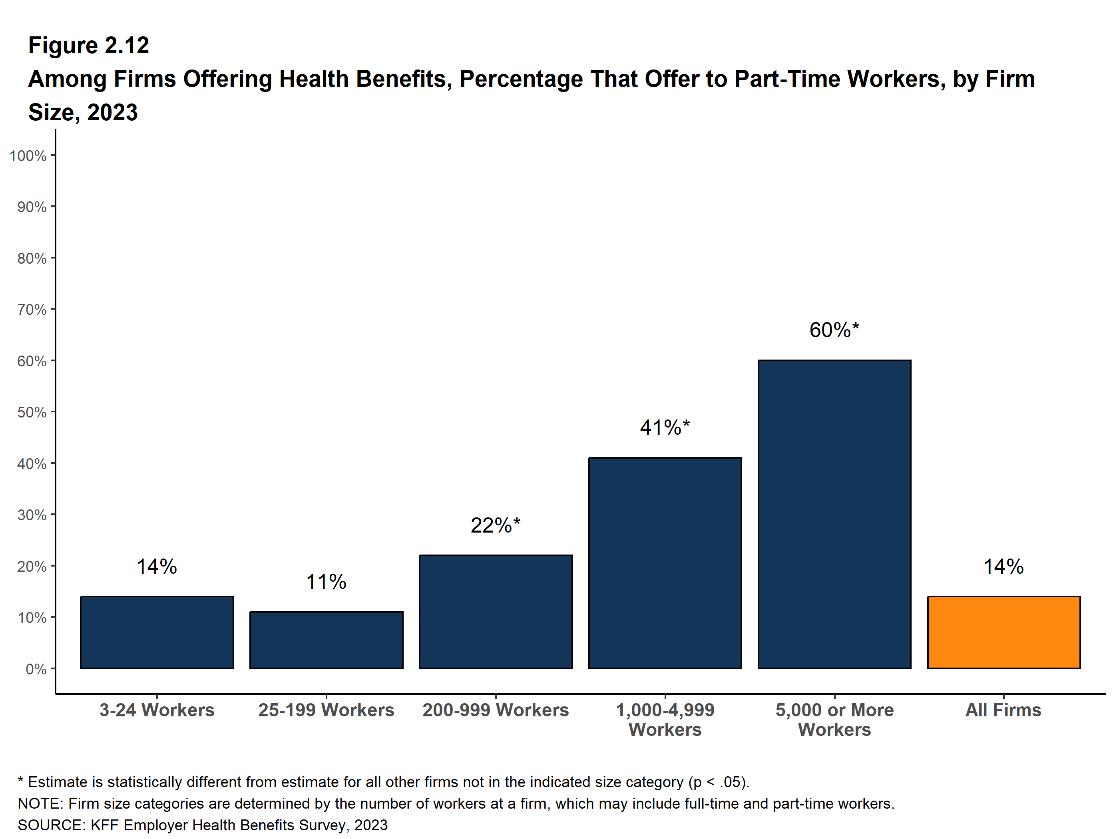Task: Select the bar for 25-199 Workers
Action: click(x=326, y=640)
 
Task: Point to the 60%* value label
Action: click(x=834, y=330)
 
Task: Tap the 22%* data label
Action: click(x=496, y=525)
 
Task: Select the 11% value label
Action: click(x=326, y=582)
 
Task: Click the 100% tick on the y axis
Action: click(x=28, y=156)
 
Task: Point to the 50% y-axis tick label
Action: click(x=32, y=412)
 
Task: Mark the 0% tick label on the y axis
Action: click(x=36, y=669)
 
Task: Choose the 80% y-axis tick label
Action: click(x=32, y=258)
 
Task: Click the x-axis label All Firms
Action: click(x=1003, y=710)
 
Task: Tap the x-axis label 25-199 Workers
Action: click(x=326, y=710)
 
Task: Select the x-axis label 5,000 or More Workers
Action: click(x=834, y=720)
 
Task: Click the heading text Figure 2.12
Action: click(x=89, y=46)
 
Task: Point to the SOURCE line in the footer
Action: click(x=203, y=825)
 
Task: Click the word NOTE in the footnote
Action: click(x=40, y=803)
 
